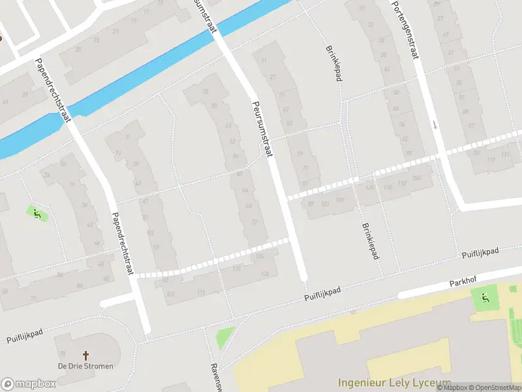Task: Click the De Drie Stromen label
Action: click(x=84, y=366)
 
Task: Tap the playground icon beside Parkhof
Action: click(x=484, y=299)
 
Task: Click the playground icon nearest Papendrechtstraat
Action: click(x=37, y=213)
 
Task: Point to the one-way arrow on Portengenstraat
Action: click(x=435, y=124)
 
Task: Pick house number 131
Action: click(x=505, y=154)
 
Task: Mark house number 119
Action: click(x=491, y=159)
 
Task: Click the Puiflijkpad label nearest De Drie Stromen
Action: click(x=25, y=336)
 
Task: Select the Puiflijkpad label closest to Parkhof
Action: click(x=480, y=252)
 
